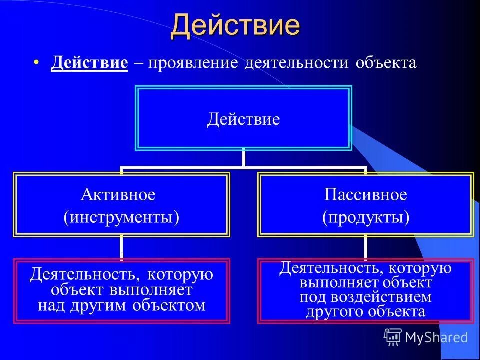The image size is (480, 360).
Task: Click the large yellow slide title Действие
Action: pos(235,26)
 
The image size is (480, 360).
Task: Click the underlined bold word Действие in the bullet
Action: pos(89,63)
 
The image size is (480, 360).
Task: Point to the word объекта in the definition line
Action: pos(386,63)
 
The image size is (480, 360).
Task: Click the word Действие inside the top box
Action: pos(243,120)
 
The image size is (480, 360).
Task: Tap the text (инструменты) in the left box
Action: pos(121,217)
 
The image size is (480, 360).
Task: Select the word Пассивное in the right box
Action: pos(366,195)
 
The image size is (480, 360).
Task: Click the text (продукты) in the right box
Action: pos(366,217)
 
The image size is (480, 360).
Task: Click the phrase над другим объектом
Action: pos(121,305)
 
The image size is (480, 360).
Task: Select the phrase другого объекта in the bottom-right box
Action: pos(366,312)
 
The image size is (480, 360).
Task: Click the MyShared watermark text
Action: pos(436,337)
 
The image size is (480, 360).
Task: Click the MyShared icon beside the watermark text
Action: pos(393,337)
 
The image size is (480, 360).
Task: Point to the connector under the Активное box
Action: pos(121,247)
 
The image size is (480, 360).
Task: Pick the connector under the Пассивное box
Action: pos(366,247)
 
